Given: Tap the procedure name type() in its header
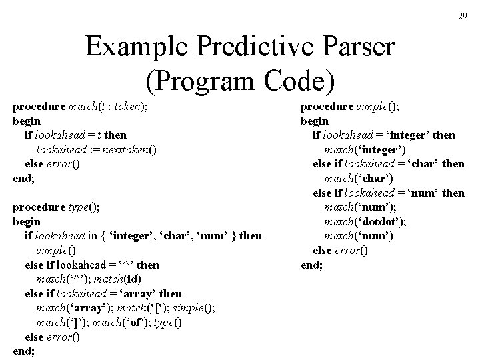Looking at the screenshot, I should pos(82,207).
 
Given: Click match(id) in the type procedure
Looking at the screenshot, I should pos(119,279).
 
